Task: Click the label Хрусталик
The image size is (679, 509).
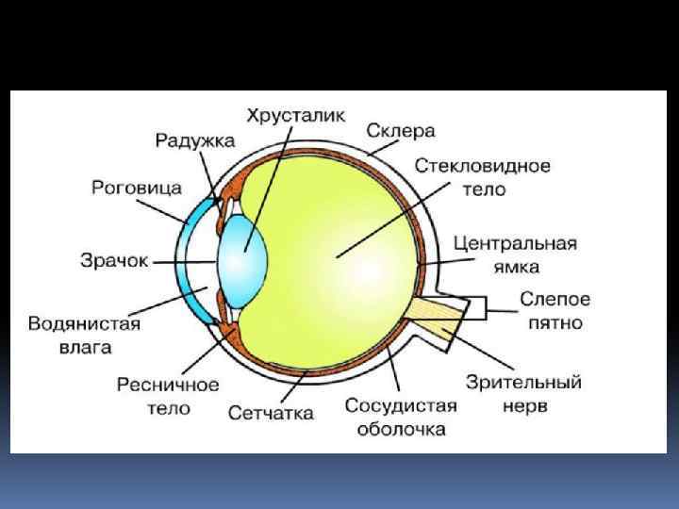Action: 296,117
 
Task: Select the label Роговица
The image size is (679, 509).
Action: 137,188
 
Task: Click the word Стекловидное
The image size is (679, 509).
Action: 482,166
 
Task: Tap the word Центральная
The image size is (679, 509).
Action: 514,243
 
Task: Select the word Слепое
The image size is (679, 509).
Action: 555,300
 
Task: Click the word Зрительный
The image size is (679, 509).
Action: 523,384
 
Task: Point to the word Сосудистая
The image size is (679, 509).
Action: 400,406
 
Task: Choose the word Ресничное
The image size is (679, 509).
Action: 168,385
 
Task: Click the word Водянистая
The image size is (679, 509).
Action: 84,324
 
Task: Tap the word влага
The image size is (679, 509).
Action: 84,347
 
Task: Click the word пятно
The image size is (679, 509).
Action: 555,323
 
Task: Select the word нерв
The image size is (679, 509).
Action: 524,407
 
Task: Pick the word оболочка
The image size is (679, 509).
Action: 400,430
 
